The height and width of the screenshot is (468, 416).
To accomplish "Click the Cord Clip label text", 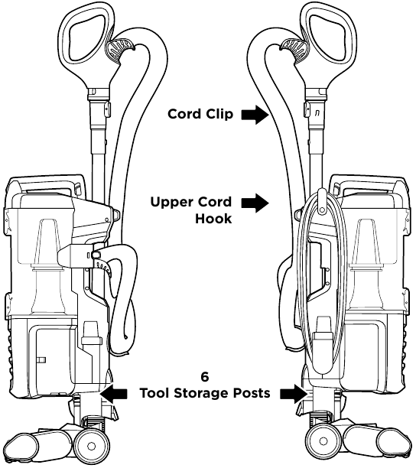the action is (200, 114).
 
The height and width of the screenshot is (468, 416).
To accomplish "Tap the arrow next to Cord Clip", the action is (255, 114).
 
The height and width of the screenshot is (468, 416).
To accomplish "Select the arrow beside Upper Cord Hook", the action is (255, 203).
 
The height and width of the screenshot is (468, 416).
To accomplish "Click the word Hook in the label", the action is (213, 219).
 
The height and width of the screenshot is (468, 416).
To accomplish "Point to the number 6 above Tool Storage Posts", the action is (205, 377).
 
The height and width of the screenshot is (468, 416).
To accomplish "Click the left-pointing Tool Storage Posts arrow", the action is (114, 394).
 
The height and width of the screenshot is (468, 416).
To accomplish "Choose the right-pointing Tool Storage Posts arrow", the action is (294, 394).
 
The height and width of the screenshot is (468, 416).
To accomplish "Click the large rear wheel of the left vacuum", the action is (91, 446).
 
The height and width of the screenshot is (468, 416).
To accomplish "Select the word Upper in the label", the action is (168, 203).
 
